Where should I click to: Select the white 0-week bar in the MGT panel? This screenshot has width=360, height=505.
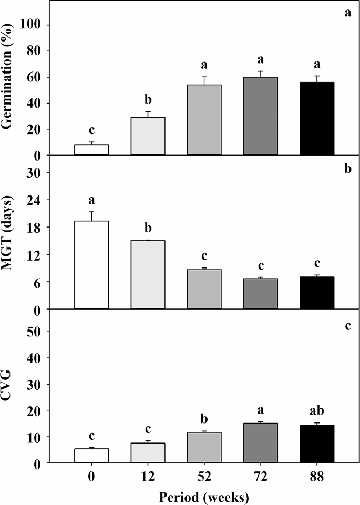(x=91, y=265)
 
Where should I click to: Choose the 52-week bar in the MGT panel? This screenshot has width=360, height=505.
(x=204, y=289)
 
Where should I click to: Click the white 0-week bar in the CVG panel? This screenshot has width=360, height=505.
(x=91, y=456)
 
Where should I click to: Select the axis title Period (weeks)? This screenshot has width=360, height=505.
(x=203, y=495)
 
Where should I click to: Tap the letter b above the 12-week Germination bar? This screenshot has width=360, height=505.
(x=148, y=100)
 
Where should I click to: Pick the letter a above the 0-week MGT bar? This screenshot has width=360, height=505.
(x=91, y=200)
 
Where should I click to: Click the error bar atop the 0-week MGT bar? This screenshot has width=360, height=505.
(x=91, y=216)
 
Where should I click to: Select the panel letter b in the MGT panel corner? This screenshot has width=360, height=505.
(x=347, y=170)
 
